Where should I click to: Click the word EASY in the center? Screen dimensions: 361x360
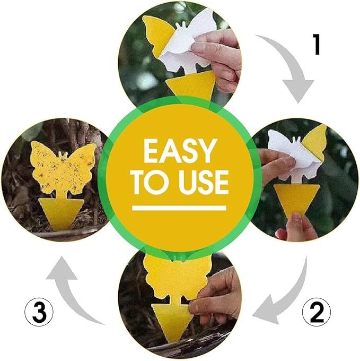click(180, 151)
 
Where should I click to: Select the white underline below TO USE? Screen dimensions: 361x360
click(180, 208)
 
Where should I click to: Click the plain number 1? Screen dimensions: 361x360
click(317, 46)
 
